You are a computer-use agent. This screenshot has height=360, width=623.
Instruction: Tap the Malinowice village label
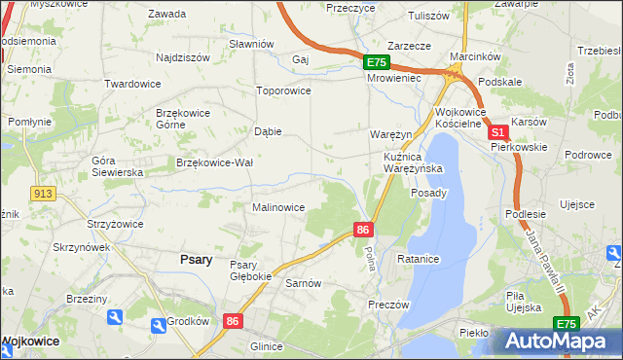click(279, 207)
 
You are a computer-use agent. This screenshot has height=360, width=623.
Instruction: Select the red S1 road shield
click(497, 132)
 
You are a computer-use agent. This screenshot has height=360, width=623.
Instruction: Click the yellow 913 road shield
click(41, 194)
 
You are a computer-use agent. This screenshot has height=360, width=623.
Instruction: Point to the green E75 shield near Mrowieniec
click(377, 62)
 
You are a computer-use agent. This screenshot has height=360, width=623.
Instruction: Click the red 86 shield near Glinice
click(232, 320)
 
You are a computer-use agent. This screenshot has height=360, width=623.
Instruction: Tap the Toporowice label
click(282, 90)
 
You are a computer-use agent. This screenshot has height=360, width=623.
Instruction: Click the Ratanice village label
click(420, 260)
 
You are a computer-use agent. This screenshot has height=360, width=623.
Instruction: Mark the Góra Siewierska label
click(117, 165)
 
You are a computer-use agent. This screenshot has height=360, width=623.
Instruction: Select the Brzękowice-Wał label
click(215, 162)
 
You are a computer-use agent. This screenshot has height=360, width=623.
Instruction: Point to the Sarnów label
click(303, 283)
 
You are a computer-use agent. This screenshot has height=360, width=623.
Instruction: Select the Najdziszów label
click(183, 57)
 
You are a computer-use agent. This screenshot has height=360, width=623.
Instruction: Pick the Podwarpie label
click(516, 4)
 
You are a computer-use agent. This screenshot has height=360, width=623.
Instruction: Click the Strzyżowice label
click(115, 224)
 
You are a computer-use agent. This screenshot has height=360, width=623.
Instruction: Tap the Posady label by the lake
click(428, 193)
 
